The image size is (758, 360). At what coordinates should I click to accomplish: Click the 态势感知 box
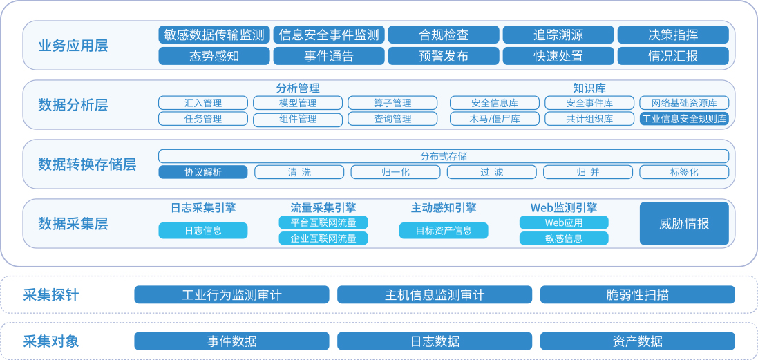(x=214, y=56)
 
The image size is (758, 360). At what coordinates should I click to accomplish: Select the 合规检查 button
(x=444, y=35)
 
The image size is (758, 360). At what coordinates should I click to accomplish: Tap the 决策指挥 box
(x=673, y=35)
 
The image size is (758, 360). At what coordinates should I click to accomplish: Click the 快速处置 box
(x=558, y=56)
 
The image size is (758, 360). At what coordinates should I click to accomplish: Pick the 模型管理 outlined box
(x=298, y=103)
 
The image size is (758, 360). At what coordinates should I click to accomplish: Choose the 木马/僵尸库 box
(x=495, y=119)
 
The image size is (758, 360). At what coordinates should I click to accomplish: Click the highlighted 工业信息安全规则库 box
(x=684, y=119)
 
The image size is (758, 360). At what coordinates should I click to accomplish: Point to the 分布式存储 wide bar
(x=444, y=156)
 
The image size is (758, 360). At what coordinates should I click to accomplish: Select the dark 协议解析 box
(x=203, y=172)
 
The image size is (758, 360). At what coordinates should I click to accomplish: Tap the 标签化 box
(x=684, y=172)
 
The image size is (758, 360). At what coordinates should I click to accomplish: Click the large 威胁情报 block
(x=684, y=224)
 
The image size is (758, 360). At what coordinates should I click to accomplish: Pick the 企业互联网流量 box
(x=323, y=238)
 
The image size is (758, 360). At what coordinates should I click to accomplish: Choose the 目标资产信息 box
(x=444, y=231)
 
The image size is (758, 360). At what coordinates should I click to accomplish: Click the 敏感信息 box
(x=564, y=238)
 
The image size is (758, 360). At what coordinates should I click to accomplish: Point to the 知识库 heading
(x=589, y=88)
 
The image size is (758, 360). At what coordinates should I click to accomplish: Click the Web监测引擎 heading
(x=564, y=208)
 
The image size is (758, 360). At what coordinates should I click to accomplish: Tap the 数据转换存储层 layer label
(x=87, y=164)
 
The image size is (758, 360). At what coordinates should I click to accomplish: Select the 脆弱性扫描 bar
(x=638, y=294)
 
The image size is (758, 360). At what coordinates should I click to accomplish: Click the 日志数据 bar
(x=435, y=341)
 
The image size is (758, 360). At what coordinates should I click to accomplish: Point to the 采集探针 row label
(x=50, y=294)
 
